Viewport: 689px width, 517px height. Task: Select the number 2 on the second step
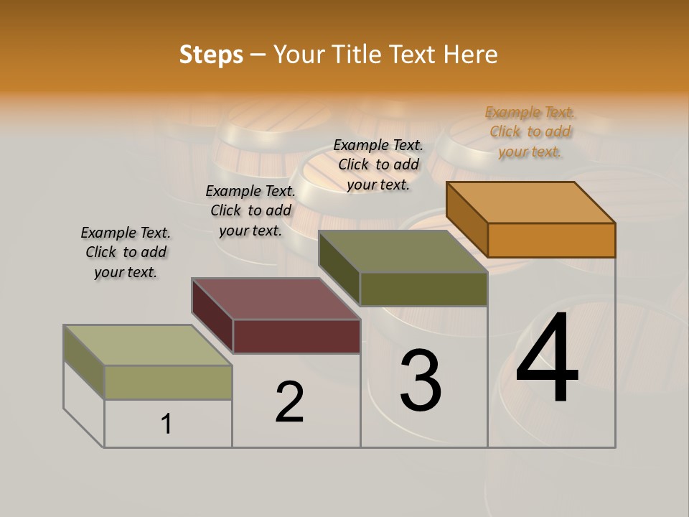tap(290, 402)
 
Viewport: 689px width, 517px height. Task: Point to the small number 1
tap(167, 424)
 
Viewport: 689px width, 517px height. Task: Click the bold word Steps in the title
tap(211, 55)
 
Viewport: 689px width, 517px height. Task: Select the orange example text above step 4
tap(530, 131)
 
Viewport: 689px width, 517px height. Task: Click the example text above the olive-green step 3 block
tap(378, 164)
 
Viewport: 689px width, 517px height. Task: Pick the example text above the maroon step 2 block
tap(250, 210)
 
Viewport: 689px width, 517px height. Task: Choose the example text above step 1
tap(126, 252)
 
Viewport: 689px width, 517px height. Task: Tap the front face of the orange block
tap(551, 240)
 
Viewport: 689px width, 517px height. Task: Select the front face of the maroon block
tap(296, 336)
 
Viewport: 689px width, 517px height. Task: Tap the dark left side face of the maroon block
tap(212, 315)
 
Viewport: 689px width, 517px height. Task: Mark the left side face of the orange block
tap(467, 219)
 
